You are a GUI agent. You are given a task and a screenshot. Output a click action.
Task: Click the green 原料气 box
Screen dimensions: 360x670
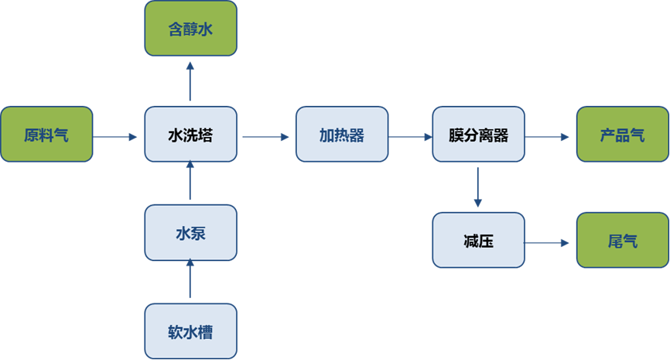[46, 135]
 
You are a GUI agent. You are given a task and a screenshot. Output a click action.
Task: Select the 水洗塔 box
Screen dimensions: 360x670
[190, 135]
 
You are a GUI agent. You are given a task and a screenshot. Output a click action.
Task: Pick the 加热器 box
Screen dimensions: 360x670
[341, 135]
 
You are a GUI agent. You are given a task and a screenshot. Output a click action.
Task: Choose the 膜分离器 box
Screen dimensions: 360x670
[478, 135]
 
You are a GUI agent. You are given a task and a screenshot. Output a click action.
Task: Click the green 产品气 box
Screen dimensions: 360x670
[622, 135]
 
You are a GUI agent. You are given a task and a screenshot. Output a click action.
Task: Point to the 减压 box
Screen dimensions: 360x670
[478, 241]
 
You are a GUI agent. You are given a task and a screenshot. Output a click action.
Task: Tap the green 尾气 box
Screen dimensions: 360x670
[622, 241]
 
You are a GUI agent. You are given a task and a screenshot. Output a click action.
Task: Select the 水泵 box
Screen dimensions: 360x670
[190, 232]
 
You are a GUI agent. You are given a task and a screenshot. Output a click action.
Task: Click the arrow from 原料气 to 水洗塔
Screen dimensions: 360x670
[118, 137]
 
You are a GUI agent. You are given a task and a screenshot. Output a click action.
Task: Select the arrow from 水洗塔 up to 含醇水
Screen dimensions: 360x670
[190, 82]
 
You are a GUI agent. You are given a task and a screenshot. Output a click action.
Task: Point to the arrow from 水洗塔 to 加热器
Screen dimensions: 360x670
[265, 137]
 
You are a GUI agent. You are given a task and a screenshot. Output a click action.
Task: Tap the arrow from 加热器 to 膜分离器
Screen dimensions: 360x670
[410, 137]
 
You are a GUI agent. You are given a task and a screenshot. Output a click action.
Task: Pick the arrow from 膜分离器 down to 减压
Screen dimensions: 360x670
[478, 187]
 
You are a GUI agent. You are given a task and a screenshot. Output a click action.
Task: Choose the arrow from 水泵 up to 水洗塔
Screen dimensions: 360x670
[190, 182]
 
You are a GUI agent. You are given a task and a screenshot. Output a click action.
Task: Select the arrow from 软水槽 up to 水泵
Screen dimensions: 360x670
[190, 280]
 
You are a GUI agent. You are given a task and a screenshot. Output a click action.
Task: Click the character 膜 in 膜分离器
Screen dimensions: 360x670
[456, 135]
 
